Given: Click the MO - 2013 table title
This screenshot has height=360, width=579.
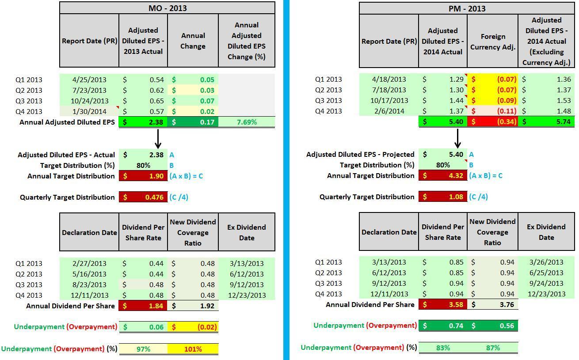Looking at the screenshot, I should (x=167, y=8).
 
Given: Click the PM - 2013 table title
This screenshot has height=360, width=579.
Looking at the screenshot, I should (x=467, y=8).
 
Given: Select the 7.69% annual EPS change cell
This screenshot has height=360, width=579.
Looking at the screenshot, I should (x=247, y=122).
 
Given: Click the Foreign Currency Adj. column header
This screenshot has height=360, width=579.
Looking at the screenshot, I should (x=492, y=42).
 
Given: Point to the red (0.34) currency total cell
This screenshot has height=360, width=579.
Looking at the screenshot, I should (x=492, y=121).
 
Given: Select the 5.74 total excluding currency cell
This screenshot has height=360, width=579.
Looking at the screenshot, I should (x=546, y=121).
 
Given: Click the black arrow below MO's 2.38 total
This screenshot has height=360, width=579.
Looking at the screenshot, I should (x=158, y=139).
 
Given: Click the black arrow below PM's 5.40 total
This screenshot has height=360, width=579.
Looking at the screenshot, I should (x=458, y=139).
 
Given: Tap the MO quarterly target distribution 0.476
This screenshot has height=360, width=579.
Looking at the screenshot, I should (x=143, y=197).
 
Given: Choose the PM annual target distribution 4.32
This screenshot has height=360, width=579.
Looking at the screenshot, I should (x=443, y=176).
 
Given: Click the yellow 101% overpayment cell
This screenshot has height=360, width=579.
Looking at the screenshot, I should (x=193, y=349).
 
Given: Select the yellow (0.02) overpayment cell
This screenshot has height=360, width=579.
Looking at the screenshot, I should (x=193, y=327).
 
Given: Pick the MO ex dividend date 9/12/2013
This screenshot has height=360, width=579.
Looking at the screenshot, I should (x=247, y=285).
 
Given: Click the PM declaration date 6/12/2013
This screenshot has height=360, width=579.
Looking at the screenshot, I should (x=389, y=273).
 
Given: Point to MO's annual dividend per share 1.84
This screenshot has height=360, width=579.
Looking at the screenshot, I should (x=143, y=306).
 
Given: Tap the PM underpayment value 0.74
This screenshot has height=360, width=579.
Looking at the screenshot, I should (x=443, y=326).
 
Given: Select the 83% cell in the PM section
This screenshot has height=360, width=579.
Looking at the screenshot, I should (x=443, y=348).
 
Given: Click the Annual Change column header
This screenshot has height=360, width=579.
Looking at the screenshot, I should (x=193, y=41).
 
